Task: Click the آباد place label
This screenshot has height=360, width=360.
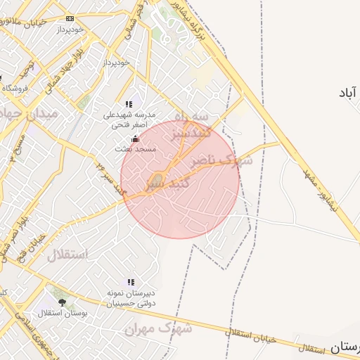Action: point(347,93)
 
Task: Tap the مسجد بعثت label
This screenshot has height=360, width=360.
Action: point(134,150)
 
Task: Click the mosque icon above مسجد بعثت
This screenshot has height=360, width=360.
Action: point(135,139)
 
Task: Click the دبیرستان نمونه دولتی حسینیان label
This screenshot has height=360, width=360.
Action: point(131,298)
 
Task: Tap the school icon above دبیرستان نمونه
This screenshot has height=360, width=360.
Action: point(131,282)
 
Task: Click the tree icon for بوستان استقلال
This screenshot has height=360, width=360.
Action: point(62,302)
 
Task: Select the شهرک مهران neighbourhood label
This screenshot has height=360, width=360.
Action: point(158,328)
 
